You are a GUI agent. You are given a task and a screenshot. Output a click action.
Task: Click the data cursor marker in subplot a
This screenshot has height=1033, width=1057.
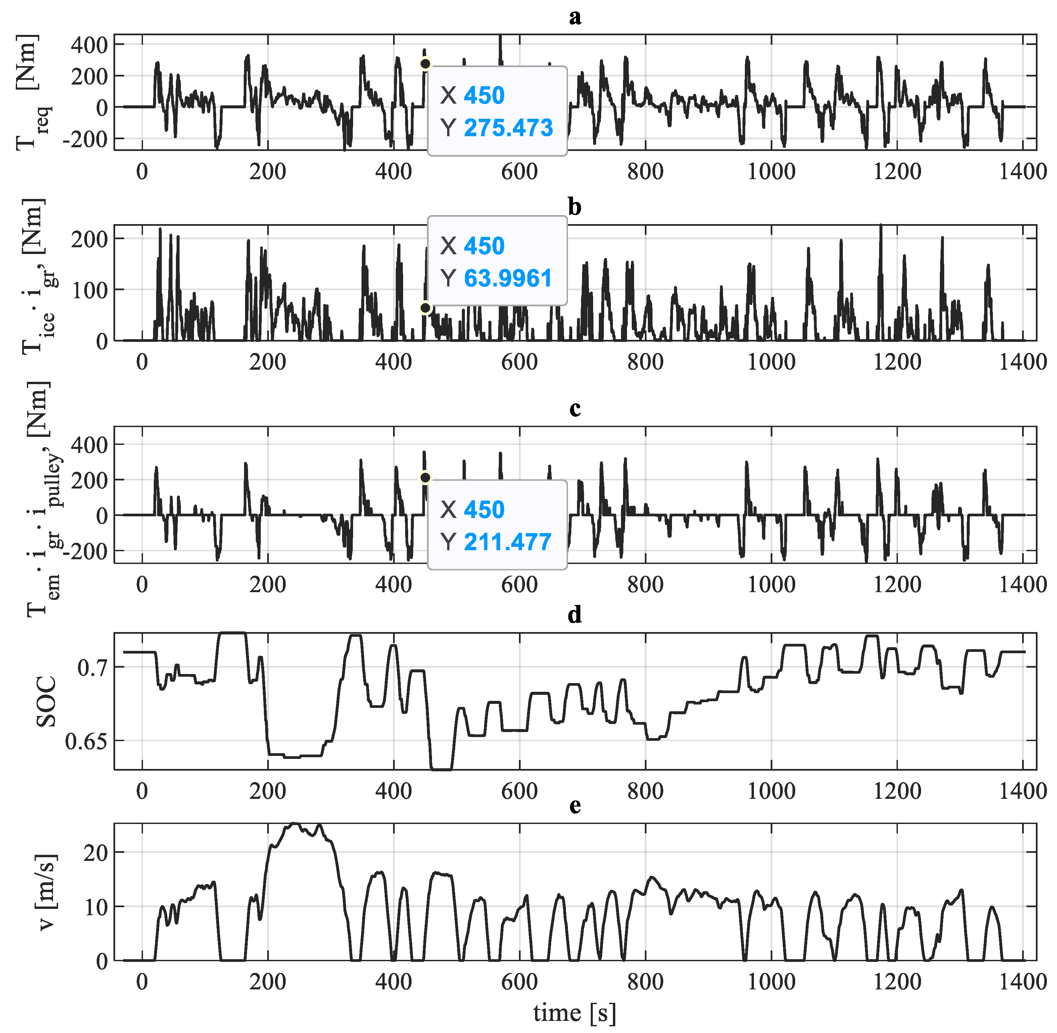(425, 64)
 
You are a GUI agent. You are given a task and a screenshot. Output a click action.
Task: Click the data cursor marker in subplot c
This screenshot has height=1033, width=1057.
(425, 477)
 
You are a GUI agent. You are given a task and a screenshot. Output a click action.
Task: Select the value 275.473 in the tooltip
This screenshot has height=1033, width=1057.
(508, 127)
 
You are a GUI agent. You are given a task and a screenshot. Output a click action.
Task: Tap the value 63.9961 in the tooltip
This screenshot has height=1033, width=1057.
(508, 278)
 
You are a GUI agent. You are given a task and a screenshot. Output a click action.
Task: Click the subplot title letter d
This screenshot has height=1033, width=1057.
(574, 615)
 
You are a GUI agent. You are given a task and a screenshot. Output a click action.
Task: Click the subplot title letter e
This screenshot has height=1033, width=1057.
(574, 806)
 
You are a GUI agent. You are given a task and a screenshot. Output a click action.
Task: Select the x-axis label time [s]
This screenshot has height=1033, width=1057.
(574, 1014)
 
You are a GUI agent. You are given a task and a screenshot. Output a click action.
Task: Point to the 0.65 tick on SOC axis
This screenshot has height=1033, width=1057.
(86, 741)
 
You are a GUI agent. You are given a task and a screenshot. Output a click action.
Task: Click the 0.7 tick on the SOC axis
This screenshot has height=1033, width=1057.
(92, 667)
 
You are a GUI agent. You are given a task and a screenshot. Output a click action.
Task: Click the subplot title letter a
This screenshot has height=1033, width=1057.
(574, 17)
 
